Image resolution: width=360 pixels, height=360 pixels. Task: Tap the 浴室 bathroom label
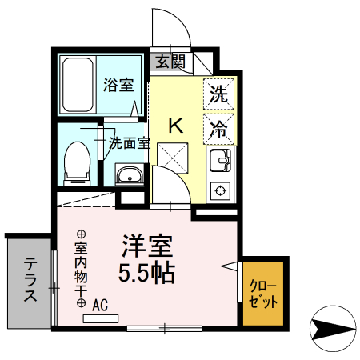click(x=119, y=85)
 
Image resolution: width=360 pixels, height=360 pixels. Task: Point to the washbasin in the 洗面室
click(x=128, y=174)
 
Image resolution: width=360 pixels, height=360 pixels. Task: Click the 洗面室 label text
click(x=130, y=144)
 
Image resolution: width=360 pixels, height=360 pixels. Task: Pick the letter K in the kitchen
click(x=176, y=125)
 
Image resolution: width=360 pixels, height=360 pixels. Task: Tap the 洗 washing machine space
click(x=218, y=94)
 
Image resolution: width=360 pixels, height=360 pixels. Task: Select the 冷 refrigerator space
click(x=218, y=126)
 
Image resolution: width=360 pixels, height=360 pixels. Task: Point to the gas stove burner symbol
click(x=218, y=190)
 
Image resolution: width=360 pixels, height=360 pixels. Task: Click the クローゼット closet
click(x=263, y=294)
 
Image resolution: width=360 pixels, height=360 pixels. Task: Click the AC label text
click(x=100, y=305)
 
